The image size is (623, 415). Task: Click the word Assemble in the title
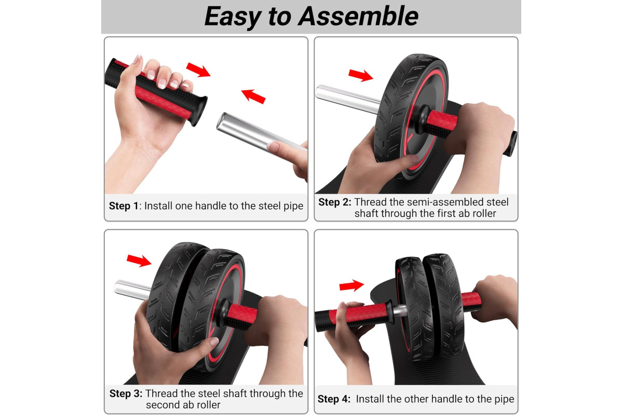coord(358,16)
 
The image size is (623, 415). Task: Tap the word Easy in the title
coord(233,17)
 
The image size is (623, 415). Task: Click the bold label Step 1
coord(124,206)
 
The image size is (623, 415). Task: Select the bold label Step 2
coord(335,202)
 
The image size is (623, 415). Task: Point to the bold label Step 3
coord(126,393)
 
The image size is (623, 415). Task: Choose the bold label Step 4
coord(334,399)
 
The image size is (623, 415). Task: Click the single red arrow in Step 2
coord(361,75)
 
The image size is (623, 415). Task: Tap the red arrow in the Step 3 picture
coord(139,261)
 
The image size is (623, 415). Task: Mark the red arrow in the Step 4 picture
coord(351,285)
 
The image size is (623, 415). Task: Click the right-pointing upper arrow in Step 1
coord(198,70)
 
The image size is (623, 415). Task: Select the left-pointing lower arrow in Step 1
coord(253,96)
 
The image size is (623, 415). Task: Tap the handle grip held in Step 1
coord(156,92)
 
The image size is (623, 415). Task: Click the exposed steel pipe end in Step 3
coord(133,290)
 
